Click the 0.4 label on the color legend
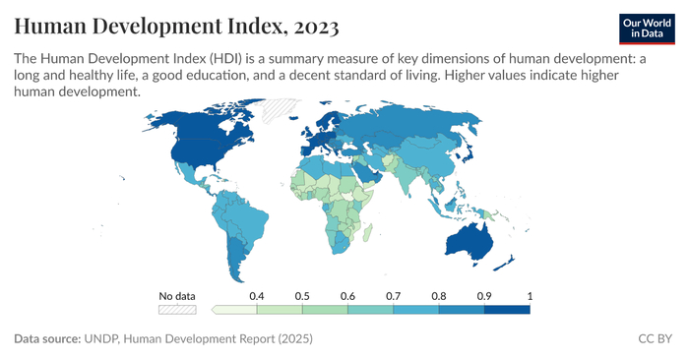[x=257, y=295]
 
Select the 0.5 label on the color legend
[x=302, y=295]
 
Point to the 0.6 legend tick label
[x=347, y=295]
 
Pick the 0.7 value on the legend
[x=393, y=295]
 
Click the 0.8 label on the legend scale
[x=439, y=295]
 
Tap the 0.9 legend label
[x=484, y=295]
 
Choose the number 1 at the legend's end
[x=529, y=295]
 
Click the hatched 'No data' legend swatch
[x=178, y=309]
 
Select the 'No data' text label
[x=178, y=295]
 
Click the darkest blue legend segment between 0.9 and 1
[x=507, y=309]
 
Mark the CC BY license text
[x=655, y=339]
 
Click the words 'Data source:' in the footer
[x=46, y=339]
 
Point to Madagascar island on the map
[x=366, y=232]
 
